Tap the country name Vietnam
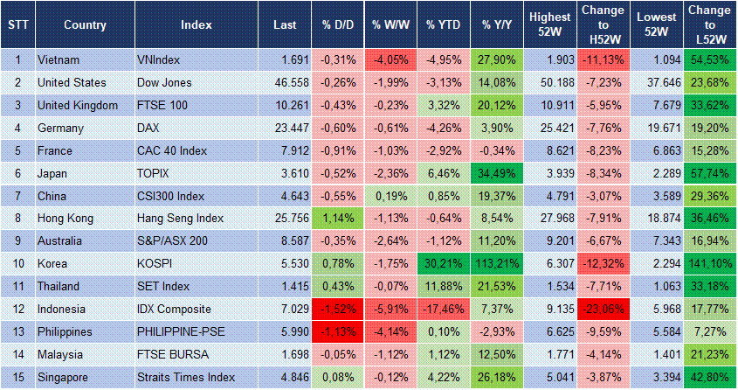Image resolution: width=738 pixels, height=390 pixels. (59, 59)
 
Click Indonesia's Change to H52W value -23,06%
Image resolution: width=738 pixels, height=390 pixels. (603, 309)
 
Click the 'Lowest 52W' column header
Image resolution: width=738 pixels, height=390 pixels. (656, 24)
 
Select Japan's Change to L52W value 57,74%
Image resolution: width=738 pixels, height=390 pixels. (711, 173)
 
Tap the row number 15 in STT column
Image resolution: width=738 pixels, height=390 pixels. (17, 377)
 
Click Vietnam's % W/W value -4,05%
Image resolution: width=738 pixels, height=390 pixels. (391, 59)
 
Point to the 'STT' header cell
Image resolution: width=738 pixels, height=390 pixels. (17, 24)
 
